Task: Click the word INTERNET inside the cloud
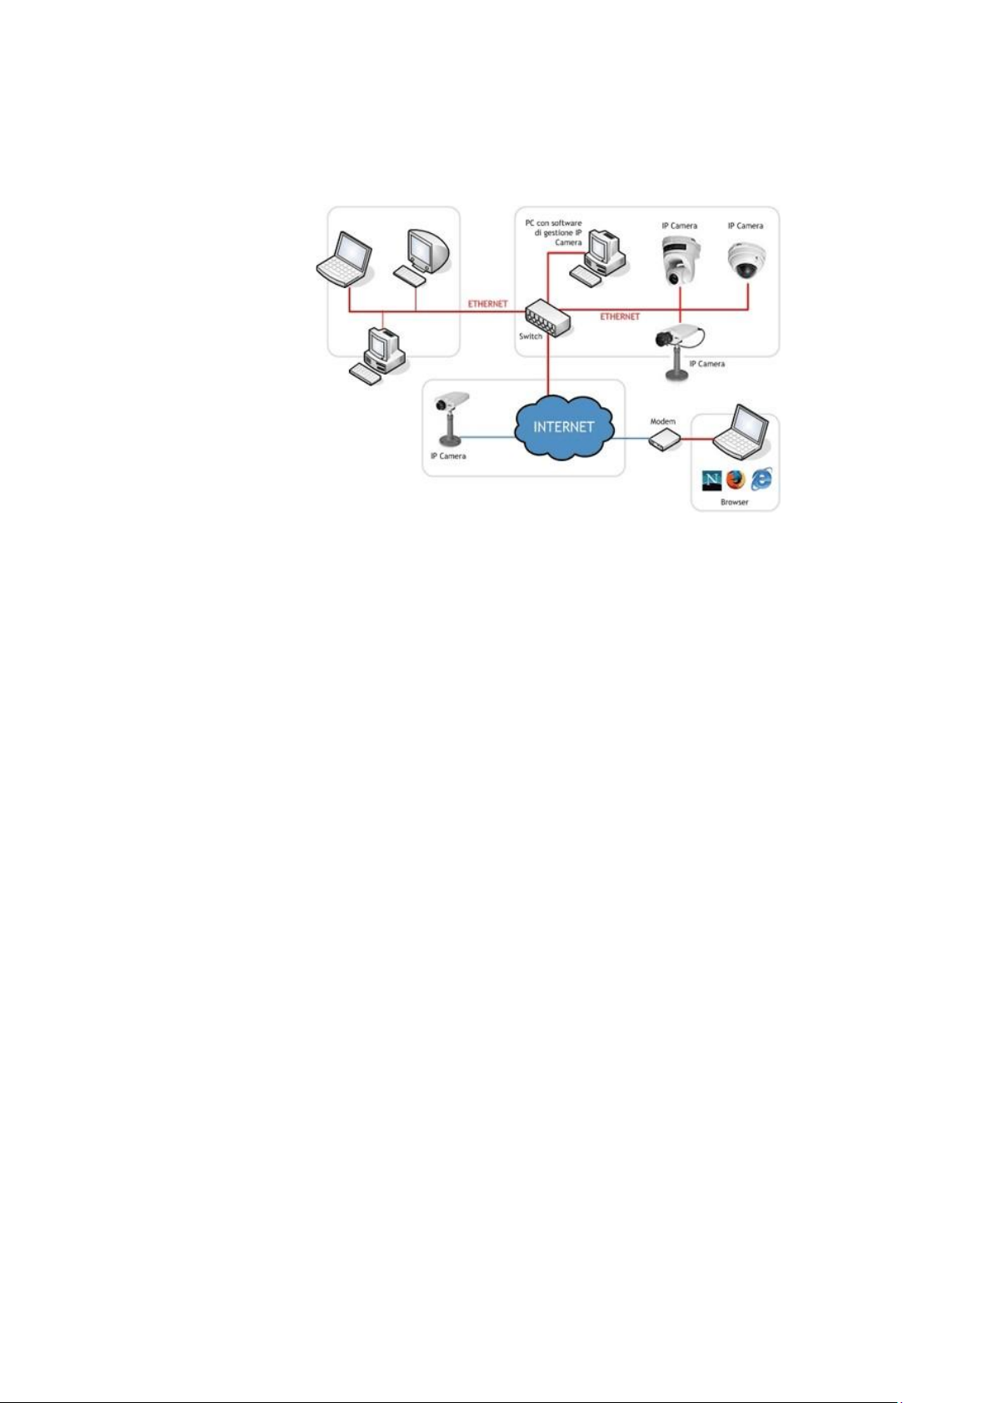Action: tap(564, 426)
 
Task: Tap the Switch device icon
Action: tap(546, 317)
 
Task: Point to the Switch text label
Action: tap(531, 336)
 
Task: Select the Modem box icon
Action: tap(666, 440)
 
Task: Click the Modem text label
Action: tap(663, 422)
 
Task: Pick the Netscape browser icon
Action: tap(711, 480)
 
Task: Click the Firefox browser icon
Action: tap(735, 480)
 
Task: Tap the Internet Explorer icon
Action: tap(761, 479)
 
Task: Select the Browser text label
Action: tap(735, 502)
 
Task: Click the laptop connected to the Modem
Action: tap(741, 432)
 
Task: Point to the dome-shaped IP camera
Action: tap(745, 261)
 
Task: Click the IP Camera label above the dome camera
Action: tap(746, 226)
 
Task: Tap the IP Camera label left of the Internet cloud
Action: tap(448, 456)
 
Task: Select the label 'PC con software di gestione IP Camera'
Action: tap(554, 233)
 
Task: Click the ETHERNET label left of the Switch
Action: tap(487, 304)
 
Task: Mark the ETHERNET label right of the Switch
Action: tap(620, 317)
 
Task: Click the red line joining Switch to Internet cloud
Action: tap(549, 366)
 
